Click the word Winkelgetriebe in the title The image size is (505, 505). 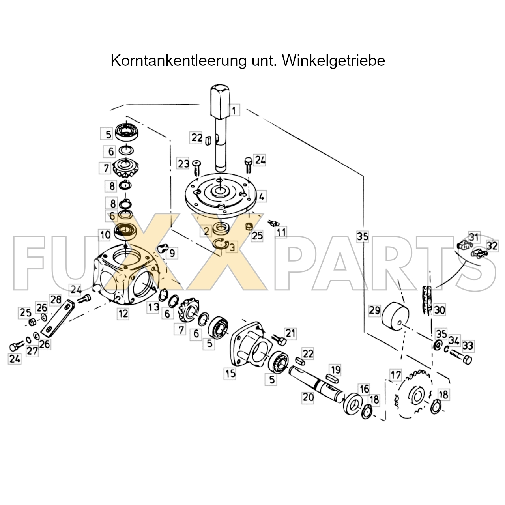coord(333,61)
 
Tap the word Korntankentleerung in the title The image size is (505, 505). coord(178,61)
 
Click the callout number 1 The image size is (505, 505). coord(234,110)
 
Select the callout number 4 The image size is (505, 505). coord(261,196)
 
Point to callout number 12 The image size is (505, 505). coord(123,313)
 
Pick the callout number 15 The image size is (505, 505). coord(230,374)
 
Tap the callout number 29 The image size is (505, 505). coord(374,310)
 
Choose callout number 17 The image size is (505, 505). coord(396,375)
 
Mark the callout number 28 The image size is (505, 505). coord(56,299)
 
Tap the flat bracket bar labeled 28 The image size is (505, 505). coord(58,318)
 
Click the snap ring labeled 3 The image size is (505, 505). coord(221,244)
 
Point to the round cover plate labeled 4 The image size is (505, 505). coord(220,195)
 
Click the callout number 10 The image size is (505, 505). coord(105,235)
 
